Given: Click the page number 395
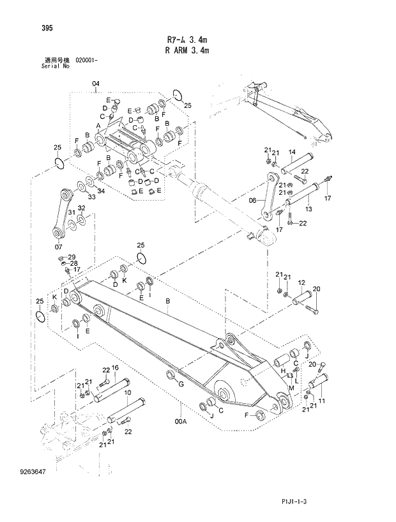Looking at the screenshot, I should pos(29,27).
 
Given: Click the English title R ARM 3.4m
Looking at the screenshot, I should pos(187,50).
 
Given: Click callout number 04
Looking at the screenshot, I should pos(96,84).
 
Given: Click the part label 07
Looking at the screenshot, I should pos(59,246).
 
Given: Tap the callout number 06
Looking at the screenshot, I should pos(253,199).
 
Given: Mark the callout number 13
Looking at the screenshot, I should pos(308,208).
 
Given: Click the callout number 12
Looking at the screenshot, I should pos(301,282).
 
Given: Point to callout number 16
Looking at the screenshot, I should pos(116,368).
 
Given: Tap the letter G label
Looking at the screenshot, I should pos(181,383).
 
